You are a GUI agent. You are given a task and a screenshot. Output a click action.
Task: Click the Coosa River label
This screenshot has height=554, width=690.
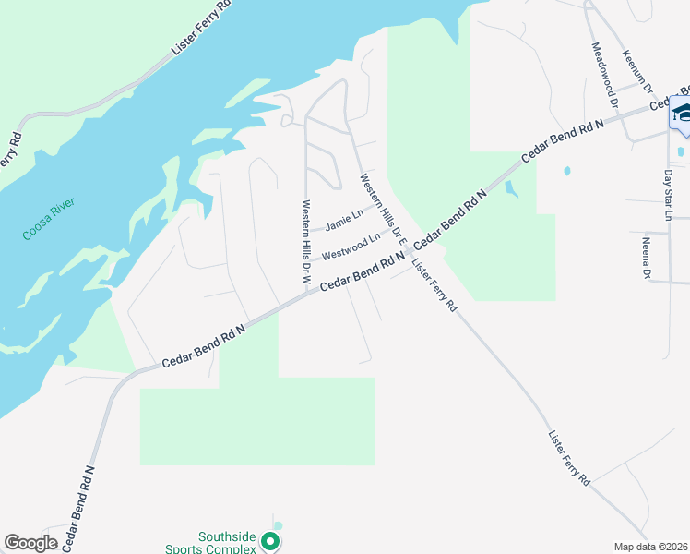[x=49, y=219]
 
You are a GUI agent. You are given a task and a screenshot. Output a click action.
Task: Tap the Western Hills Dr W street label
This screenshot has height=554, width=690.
[x=305, y=234]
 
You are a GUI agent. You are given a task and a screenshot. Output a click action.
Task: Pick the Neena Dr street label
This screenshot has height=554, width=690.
[x=647, y=258]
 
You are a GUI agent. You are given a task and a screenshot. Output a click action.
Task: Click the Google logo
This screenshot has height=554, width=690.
[x=31, y=543]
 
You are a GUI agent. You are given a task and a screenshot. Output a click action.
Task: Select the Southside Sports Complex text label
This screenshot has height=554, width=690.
[x=228, y=543]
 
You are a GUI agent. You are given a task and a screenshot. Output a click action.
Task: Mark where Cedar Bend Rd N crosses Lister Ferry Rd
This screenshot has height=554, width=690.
[x=409, y=252]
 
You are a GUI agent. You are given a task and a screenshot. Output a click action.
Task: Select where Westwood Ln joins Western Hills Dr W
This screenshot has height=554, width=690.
[x=306, y=261]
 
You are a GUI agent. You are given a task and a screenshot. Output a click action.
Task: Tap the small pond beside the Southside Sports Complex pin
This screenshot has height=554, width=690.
[x=278, y=526]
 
